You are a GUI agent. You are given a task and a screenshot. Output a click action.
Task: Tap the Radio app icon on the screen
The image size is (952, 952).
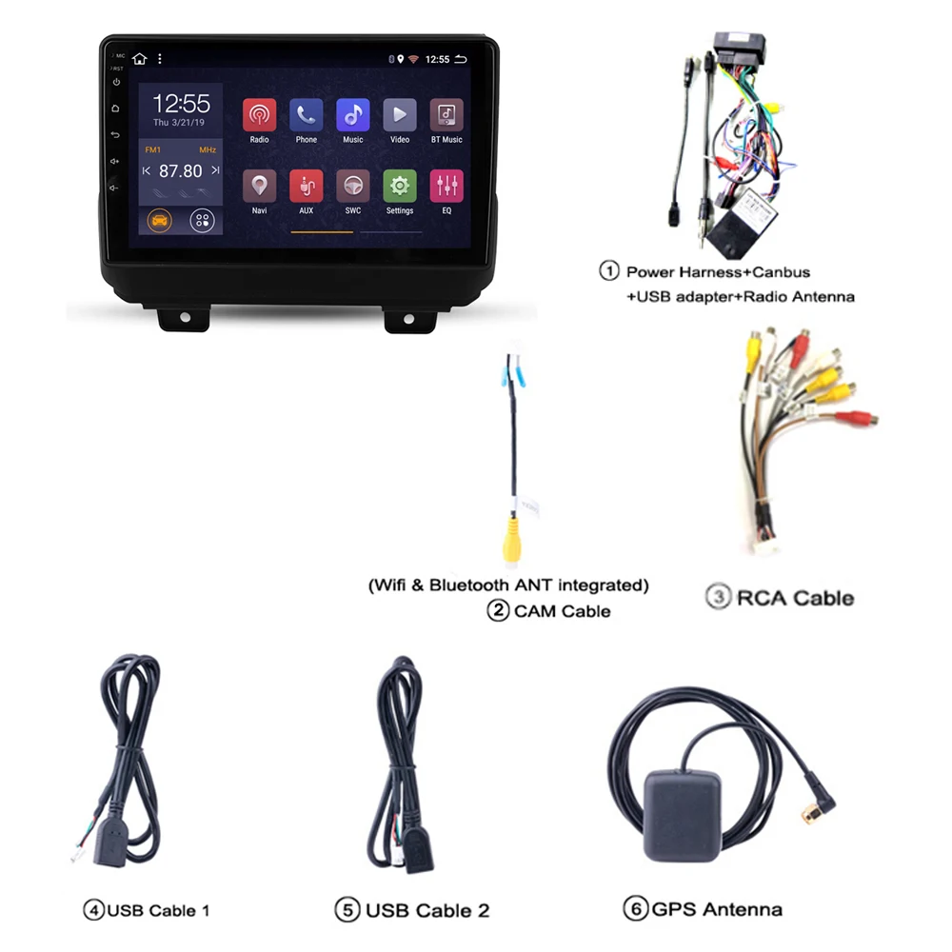(x=259, y=115)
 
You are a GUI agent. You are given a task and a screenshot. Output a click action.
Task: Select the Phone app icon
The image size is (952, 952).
(x=306, y=115)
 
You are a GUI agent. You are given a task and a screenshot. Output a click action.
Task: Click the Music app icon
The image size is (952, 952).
(x=352, y=115)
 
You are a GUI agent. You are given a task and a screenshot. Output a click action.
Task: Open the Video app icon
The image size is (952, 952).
(x=400, y=115)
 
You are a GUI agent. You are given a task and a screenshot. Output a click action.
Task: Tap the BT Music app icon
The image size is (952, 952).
(x=446, y=115)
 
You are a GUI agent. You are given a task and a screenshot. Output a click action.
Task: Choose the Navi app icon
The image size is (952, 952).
(x=259, y=186)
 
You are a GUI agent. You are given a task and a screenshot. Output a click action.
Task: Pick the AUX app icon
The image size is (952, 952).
(x=306, y=186)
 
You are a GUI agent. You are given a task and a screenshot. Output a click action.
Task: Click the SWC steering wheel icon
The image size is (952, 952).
(x=352, y=186)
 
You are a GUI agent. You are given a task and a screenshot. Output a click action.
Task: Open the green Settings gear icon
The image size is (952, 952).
(x=400, y=186)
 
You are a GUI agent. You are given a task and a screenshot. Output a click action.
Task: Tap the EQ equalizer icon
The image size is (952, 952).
(x=446, y=186)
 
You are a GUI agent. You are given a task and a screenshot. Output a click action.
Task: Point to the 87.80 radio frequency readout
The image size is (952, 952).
(x=181, y=171)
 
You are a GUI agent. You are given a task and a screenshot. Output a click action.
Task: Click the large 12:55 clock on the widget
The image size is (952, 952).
(x=181, y=104)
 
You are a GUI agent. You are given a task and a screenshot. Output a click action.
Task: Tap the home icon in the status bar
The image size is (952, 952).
(x=140, y=59)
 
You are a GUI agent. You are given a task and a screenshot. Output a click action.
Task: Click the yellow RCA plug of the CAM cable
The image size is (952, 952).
(x=512, y=539)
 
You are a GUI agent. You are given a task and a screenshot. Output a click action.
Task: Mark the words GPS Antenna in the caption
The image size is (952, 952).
(x=717, y=909)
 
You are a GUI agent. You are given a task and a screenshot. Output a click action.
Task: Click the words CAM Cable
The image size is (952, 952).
(x=562, y=611)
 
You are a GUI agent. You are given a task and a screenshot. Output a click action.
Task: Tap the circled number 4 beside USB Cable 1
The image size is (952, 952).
(x=93, y=910)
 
